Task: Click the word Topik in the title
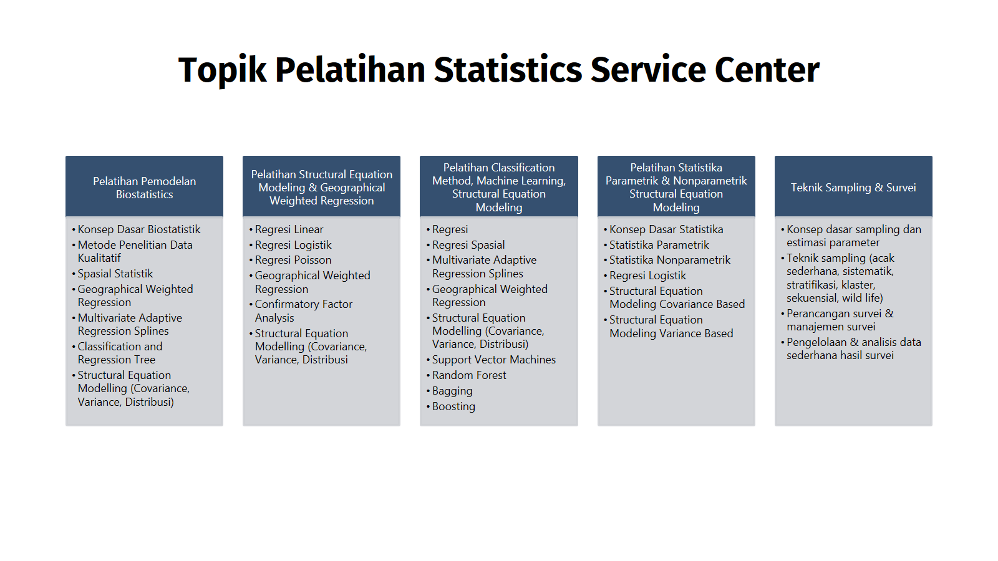point(222,70)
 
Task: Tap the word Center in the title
point(767,70)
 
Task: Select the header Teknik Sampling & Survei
point(853,188)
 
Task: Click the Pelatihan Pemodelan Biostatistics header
point(144,188)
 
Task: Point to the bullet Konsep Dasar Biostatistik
point(139,229)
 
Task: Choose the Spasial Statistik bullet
point(115,274)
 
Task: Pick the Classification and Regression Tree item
point(120,353)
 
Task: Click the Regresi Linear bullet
point(289,229)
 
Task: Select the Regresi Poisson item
point(293,260)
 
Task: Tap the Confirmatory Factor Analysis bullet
point(303,311)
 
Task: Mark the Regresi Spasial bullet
point(468,245)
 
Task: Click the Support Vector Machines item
point(493,360)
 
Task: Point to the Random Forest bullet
point(468,375)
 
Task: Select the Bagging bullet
point(452,391)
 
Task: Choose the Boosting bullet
point(453,406)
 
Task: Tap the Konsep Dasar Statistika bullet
point(666,229)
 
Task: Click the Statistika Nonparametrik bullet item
point(670,260)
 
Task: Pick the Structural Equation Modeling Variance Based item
point(671,327)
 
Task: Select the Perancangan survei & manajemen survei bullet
point(840,320)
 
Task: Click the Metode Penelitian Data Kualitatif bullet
point(135,251)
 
